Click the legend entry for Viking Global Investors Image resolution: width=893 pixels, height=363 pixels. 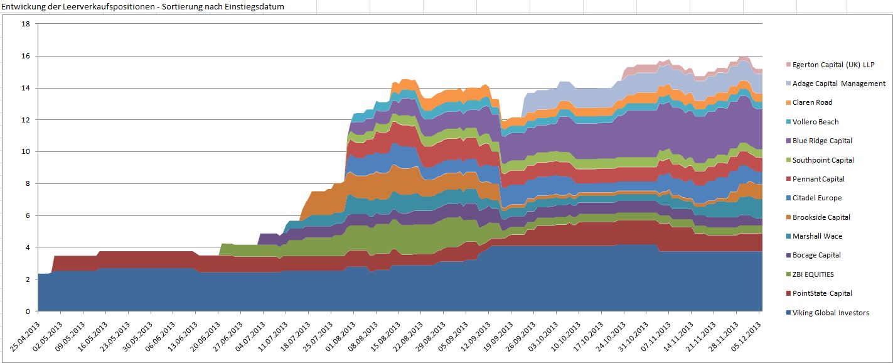pos(830,313)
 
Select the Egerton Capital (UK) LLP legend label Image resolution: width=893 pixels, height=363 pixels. pos(833,65)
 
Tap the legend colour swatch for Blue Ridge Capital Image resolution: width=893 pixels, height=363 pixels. pos(788,141)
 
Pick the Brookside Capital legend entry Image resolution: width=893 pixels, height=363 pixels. pos(821,217)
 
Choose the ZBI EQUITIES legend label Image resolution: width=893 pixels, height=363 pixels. pos(813,274)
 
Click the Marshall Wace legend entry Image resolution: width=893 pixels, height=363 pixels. pos(817,236)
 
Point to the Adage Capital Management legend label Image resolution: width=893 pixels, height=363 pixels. pos(838,84)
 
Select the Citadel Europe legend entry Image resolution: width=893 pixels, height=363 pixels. pos(817,198)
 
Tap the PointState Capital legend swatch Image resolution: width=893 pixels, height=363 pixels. pos(788,293)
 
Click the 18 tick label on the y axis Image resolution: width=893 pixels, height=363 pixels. pos(26,24)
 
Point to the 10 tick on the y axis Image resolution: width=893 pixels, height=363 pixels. pos(26,152)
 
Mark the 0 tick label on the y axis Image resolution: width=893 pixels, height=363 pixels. pos(28,312)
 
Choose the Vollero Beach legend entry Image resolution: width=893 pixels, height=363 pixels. pos(815,122)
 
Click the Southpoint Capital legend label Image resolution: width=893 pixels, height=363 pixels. pos(823,160)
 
